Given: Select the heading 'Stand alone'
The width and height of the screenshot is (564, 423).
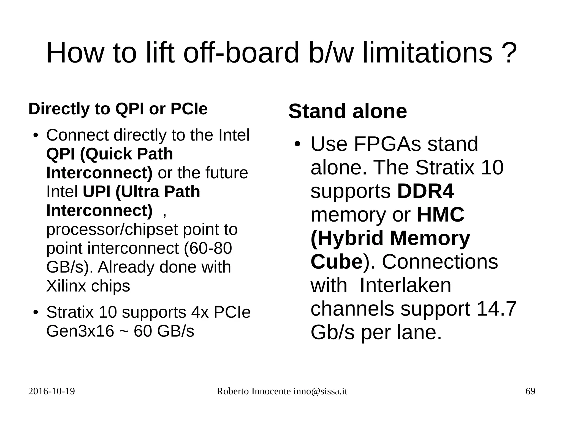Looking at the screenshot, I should [x=348, y=111].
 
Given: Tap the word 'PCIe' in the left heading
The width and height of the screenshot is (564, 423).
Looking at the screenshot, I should [x=189, y=109].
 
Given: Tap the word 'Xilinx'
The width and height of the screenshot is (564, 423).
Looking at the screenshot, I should [x=66, y=286].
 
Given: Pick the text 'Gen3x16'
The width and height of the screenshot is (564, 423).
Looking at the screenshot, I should [x=80, y=331].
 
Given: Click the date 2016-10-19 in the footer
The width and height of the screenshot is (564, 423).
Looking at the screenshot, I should [x=51, y=392].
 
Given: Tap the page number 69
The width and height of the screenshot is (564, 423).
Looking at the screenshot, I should [x=530, y=392].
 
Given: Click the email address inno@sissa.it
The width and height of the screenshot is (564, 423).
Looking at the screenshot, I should [x=320, y=392].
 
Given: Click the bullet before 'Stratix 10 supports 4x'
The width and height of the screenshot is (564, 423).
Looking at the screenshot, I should [x=35, y=312].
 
